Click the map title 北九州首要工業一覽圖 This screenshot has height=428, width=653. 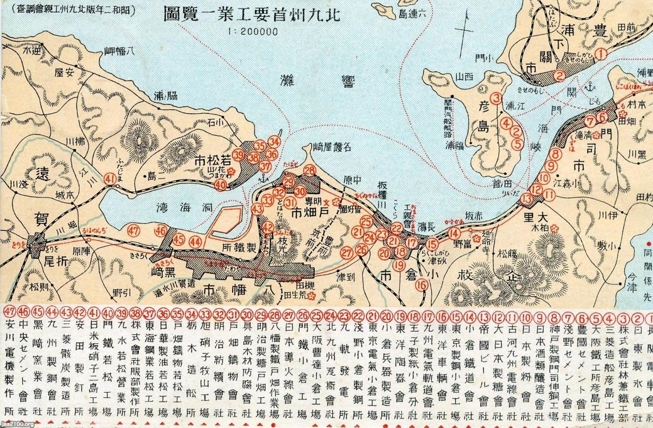point(268,12)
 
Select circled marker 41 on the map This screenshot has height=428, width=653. point(110,180)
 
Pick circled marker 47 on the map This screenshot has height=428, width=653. point(134,230)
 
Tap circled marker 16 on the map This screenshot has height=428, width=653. point(422,284)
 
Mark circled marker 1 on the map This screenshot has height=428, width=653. point(601,53)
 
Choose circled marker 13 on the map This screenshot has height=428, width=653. point(526,199)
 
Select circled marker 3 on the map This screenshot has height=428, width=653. point(496,98)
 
